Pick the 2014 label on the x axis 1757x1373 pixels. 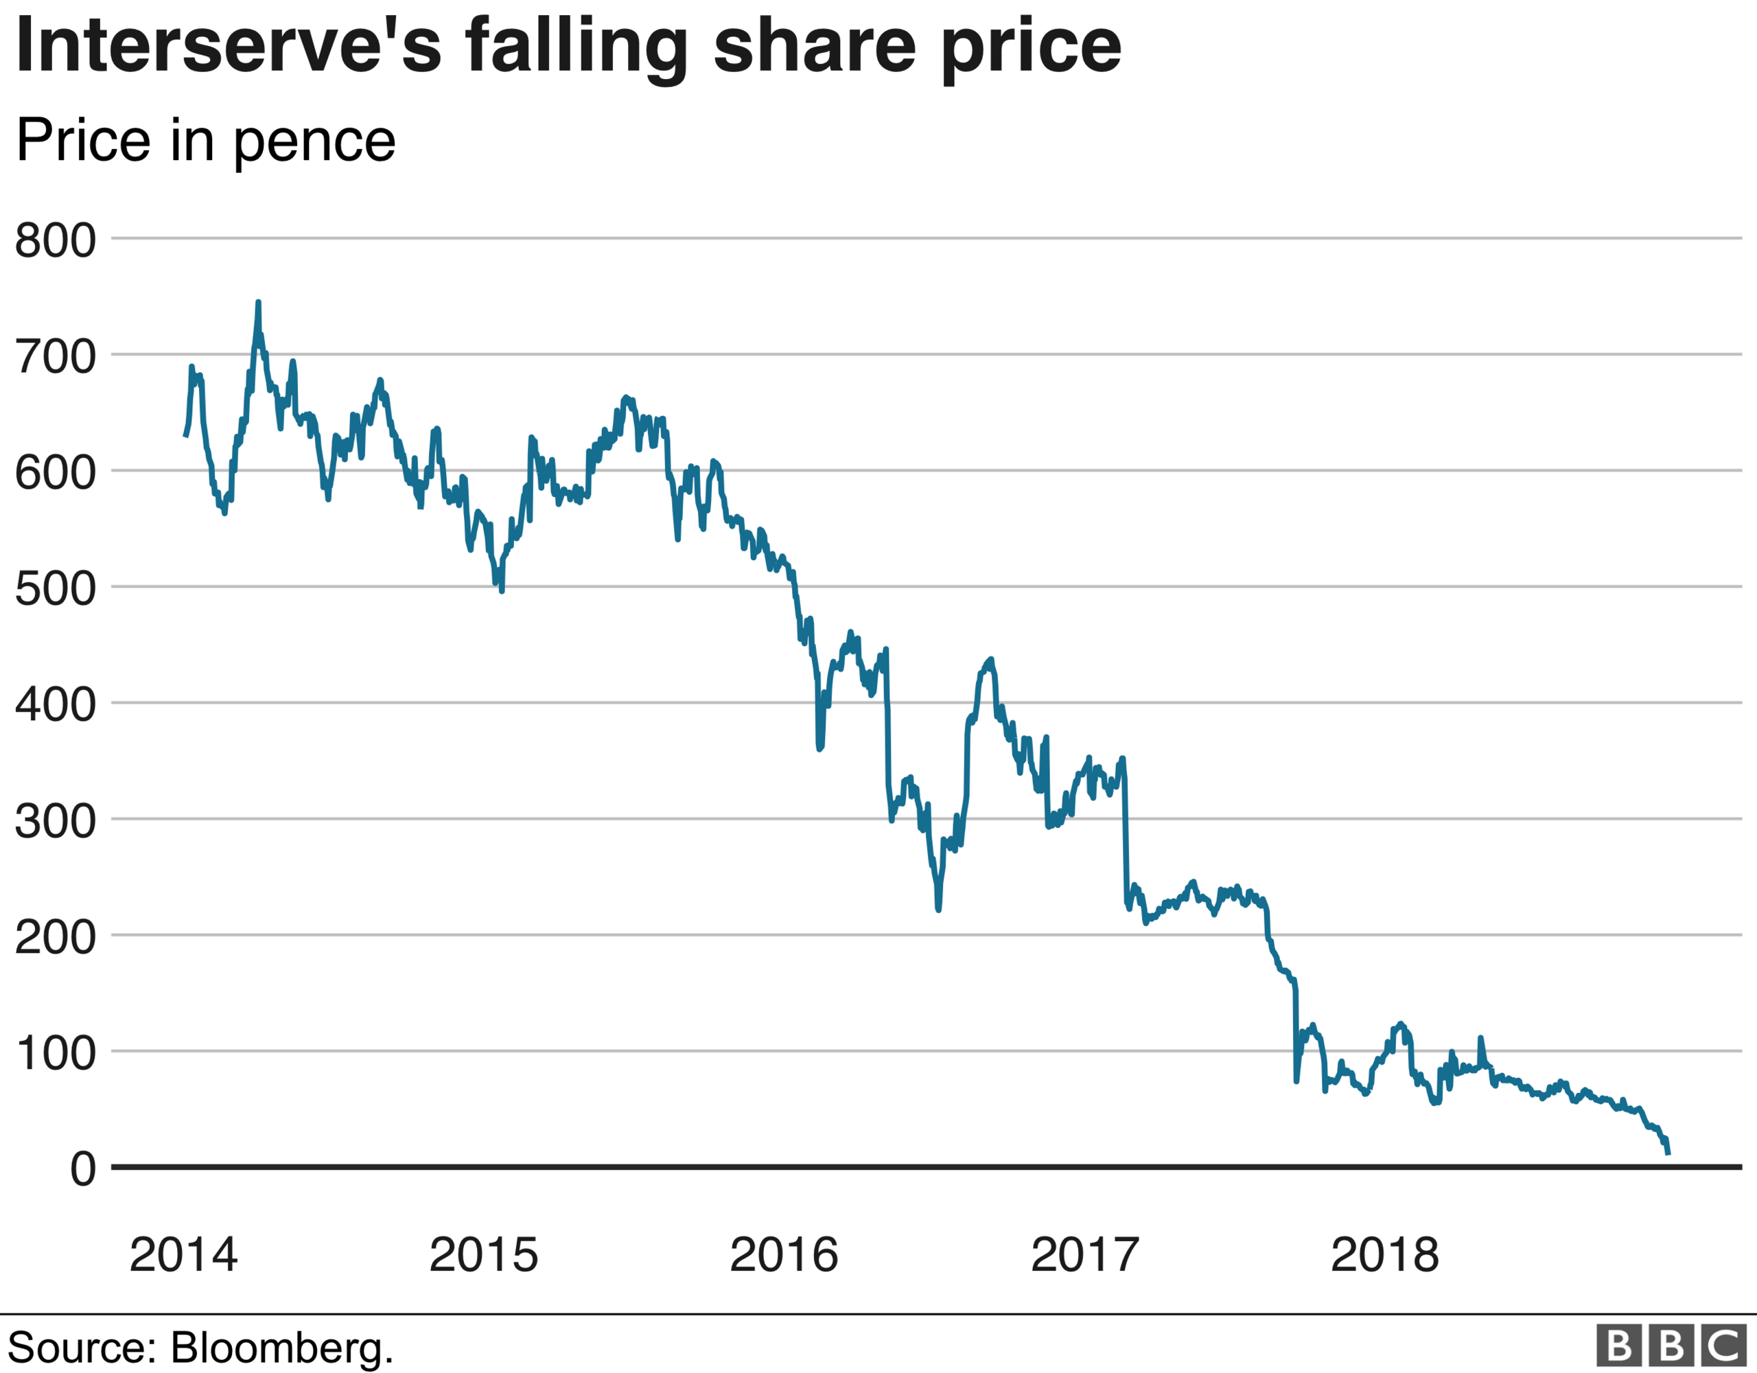coord(183,1255)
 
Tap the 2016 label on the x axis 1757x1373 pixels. coord(784,1255)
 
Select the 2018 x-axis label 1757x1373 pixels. coord(1384,1255)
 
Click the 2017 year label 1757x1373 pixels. coord(1084,1255)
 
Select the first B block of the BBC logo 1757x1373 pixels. coord(1618,1346)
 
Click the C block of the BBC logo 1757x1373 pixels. coord(1723,1346)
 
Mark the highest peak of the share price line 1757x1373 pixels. coord(258,303)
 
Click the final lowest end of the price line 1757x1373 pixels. coord(1668,1153)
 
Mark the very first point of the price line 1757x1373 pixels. coord(185,435)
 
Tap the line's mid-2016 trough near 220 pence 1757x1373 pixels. coord(939,909)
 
